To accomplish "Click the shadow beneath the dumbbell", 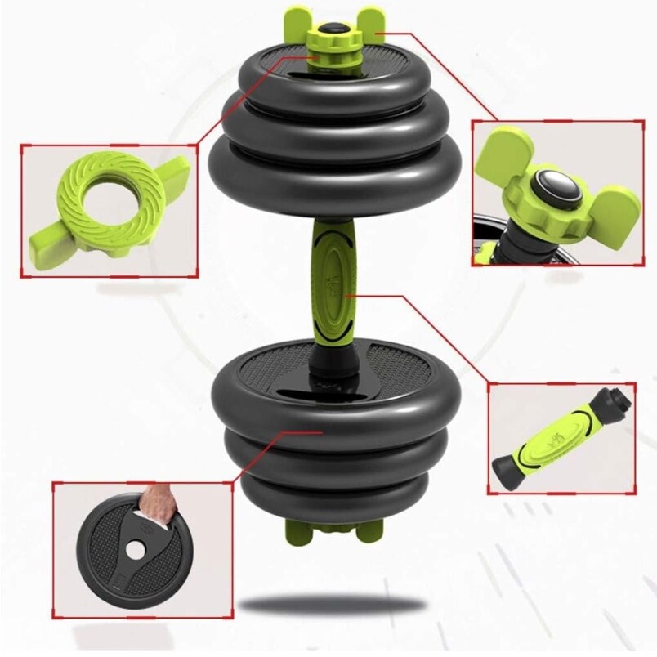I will click(x=335, y=606).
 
